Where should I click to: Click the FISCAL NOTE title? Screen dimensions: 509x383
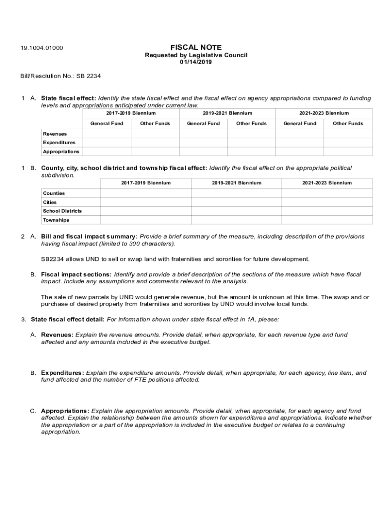pos(196,47)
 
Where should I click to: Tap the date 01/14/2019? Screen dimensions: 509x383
pos(196,62)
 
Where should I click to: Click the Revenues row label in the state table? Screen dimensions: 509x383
pos(55,134)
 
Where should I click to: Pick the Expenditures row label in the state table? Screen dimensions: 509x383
pos(59,143)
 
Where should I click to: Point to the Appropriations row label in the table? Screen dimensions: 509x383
pos(61,152)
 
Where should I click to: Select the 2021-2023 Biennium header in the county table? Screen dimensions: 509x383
pos(327,183)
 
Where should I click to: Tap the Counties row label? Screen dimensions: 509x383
pos(54,193)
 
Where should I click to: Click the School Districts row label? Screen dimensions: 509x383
pos(62,211)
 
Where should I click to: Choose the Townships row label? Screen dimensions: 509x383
pos(56,220)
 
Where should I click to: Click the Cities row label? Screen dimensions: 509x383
pos(50,202)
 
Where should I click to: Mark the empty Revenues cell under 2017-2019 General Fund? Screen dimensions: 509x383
pos(106,134)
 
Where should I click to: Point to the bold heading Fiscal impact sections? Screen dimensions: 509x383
pos(76,274)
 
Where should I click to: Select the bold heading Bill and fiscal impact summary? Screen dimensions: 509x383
pos(89,237)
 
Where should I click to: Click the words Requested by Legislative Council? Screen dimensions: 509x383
pos(196,55)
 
